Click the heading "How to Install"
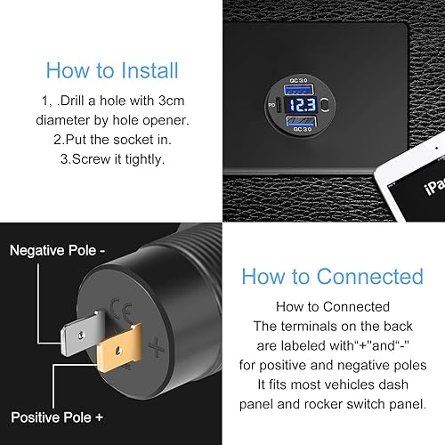112,69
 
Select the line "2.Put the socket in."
112,140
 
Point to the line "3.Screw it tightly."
112,159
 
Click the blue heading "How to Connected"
332,276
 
